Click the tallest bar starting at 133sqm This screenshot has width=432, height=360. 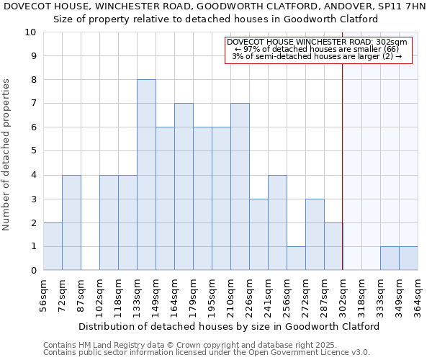146,175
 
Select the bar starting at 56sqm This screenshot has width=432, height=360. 53,246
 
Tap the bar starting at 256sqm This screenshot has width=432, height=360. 296,258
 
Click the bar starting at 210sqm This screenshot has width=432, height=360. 240,186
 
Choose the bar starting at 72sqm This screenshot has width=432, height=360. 71,222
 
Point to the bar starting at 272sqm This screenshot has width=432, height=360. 315,234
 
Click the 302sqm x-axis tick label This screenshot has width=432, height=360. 343,295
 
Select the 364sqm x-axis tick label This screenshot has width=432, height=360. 418,295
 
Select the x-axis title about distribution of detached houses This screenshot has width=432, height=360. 229,326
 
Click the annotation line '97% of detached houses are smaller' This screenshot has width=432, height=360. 318,50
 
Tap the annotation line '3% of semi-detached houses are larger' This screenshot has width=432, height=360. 318,57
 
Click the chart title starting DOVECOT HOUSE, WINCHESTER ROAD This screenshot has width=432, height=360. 215,6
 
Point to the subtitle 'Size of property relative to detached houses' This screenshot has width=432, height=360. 215,18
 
